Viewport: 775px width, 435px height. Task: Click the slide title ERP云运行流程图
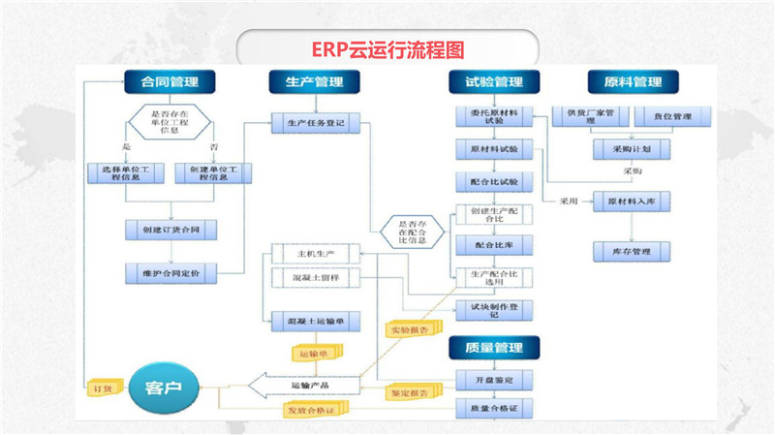[388, 47]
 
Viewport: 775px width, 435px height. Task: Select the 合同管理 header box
[170, 81]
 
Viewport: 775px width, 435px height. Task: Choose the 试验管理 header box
[494, 81]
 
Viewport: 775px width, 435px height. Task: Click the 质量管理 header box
[494, 347]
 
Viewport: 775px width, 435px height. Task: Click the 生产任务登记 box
[316, 123]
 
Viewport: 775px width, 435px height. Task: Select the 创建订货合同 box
[170, 230]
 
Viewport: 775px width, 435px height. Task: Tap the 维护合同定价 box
[170, 272]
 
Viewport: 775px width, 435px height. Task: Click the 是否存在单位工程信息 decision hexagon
[170, 123]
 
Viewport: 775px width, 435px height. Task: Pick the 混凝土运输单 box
[316, 321]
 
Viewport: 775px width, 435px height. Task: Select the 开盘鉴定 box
[494, 378]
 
